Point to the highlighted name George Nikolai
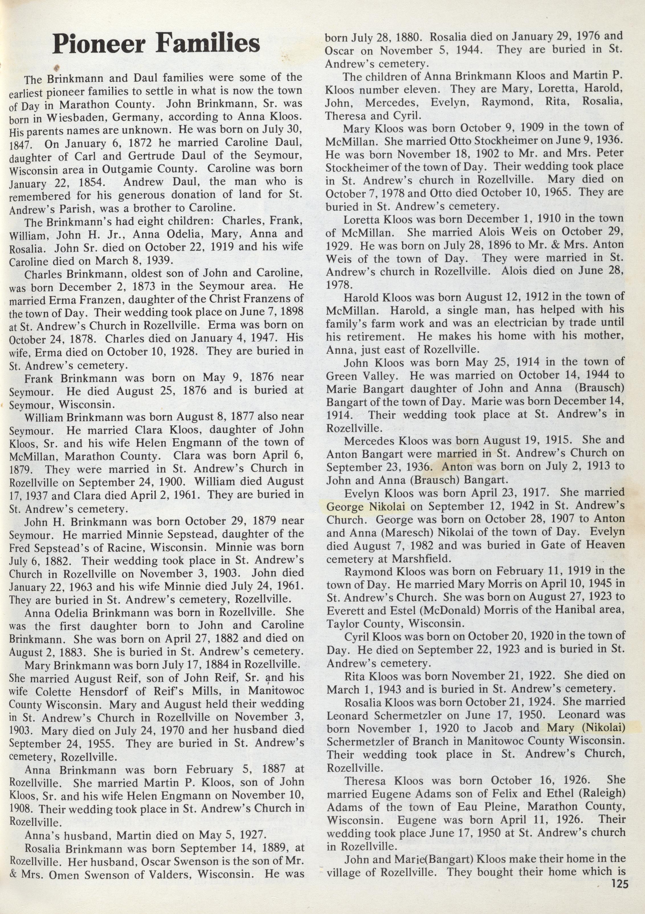(366, 507)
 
